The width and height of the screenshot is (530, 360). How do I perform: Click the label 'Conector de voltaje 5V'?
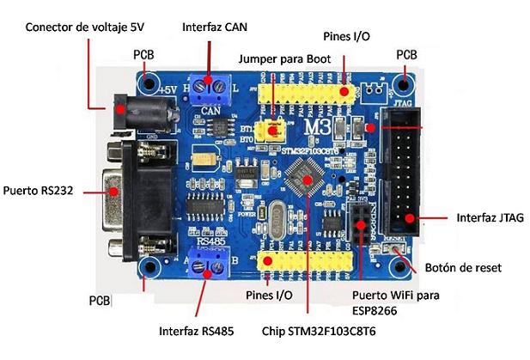coord(84,27)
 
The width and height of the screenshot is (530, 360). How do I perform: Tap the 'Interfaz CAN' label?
coord(215,27)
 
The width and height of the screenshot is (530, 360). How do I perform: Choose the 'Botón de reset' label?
coord(468,268)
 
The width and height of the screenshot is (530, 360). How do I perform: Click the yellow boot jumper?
coord(274,130)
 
